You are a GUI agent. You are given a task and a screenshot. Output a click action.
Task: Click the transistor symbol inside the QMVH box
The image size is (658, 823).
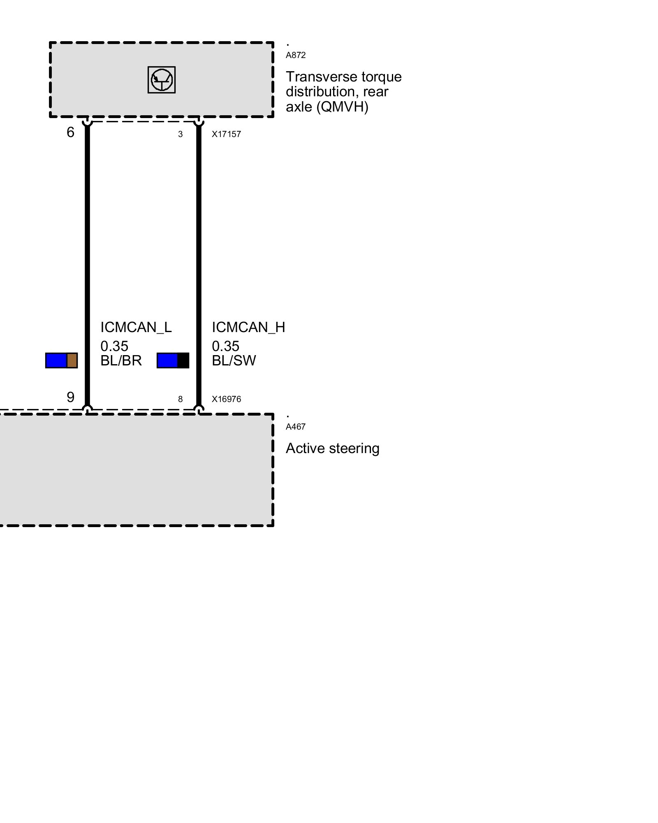click(x=161, y=80)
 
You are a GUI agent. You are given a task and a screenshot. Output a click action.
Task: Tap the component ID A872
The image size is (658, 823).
click(x=295, y=55)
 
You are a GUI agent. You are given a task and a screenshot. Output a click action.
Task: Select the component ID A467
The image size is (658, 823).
click(x=295, y=427)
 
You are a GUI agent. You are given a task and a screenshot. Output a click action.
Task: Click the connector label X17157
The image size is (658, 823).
click(x=226, y=134)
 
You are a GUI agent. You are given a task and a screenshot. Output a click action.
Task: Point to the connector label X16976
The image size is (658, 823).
click(x=226, y=399)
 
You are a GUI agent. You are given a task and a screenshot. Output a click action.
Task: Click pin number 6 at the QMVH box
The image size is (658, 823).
click(x=70, y=132)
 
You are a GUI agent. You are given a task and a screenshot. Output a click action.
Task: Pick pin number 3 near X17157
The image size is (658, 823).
click(x=180, y=135)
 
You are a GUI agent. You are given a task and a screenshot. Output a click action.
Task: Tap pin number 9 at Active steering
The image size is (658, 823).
click(x=70, y=397)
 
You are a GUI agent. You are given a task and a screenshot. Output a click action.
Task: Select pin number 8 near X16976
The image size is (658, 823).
click(x=180, y=399)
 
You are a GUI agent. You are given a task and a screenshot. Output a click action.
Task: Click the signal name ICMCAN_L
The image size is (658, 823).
click(x=136, y=327)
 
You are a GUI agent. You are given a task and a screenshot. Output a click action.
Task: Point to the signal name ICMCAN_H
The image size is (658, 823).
click(x=248, y=327)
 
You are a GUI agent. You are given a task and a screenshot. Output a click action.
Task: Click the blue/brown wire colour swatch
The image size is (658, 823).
click(x=61, y=360)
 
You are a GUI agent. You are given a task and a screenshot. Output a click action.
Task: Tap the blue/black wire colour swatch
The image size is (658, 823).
click(x=173, y=360)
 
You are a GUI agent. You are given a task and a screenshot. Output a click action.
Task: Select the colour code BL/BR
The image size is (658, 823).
click(x=121, y=360)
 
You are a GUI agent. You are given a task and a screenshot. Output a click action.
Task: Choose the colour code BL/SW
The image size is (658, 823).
click(x=234, y=360)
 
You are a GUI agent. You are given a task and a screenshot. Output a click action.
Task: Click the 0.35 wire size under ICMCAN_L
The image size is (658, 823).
click(x=114, y=346)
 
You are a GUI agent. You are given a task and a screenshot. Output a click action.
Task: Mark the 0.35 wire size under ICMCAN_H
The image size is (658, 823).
click(x=225, y=346)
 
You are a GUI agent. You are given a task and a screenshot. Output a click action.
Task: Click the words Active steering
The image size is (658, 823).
click(x=332, y=448)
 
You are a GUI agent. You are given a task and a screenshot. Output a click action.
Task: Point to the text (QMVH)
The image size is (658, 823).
click(x=342, y=107)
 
